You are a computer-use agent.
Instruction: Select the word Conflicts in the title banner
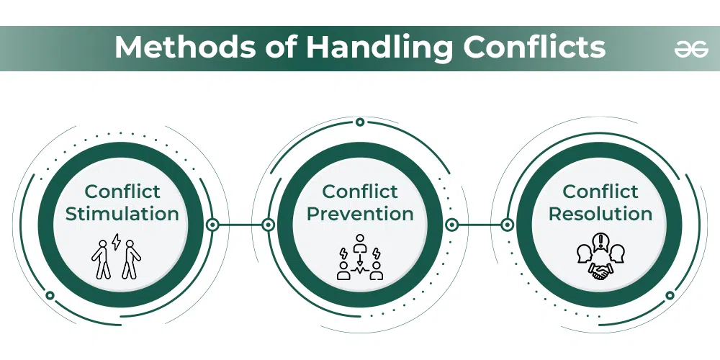pos(534,47)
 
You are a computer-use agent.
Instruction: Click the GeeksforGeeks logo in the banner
pos(691,48)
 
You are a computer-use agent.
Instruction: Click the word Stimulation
pos(122,214)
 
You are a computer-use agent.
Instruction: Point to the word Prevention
pos(360,214)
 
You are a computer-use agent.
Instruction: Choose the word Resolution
pos(600,214)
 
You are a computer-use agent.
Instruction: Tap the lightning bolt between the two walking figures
pos(117,241)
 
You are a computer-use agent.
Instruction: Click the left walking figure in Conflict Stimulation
pos(102,259)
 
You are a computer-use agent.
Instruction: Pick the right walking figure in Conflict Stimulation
pos(131,259)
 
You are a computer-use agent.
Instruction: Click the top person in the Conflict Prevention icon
pos(360,244)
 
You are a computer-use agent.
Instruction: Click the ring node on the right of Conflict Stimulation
pos(212,225)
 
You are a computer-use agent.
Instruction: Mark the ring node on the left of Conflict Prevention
pos(268,225)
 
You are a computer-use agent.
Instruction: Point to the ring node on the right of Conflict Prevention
pos(452,225)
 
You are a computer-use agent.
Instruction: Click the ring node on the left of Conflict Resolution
pos(508,225)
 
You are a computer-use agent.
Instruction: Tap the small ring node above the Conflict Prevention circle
pos(360,122)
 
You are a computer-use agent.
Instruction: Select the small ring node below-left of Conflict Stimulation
pos(50,295)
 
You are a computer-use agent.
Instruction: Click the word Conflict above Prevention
pos(360,192)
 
